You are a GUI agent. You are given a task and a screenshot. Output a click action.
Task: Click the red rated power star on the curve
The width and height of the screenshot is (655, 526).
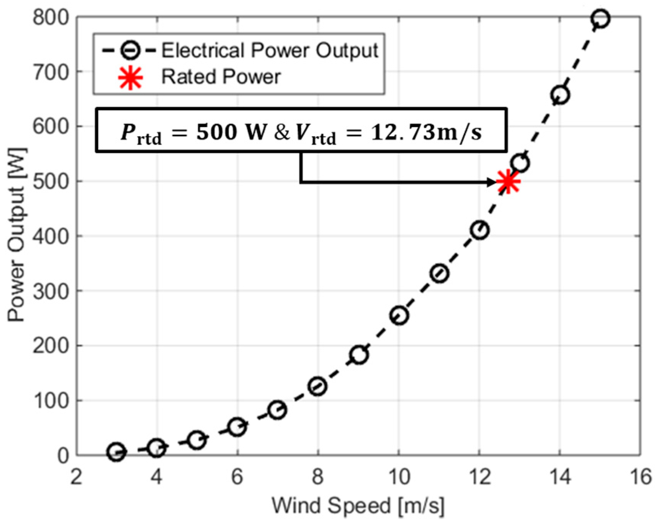click(x=508, y=182)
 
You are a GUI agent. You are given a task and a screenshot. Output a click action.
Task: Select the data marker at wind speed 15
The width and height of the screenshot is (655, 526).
click(x=600, y=18)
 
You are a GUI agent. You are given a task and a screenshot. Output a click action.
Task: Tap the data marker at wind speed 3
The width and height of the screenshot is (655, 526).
click(x=116, y=452)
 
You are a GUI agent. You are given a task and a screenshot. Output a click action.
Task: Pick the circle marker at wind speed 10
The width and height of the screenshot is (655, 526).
click(x=399, y=315)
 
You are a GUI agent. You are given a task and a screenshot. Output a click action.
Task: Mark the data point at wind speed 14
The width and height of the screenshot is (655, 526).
click(x=560, y=95)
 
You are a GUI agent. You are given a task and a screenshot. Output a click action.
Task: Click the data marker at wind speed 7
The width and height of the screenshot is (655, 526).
click(x=278, y=410)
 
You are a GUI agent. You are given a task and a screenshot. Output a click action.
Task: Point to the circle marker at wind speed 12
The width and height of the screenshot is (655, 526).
click(x=480, y=230)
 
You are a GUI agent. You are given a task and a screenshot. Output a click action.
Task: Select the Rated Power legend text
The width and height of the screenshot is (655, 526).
click(x=221, y=77)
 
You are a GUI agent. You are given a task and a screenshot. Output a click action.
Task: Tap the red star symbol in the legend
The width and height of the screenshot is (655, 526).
click(x=131, y=77)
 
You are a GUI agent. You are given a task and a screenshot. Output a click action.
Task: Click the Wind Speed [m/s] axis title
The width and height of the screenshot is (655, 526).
click(x=358, y=506)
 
